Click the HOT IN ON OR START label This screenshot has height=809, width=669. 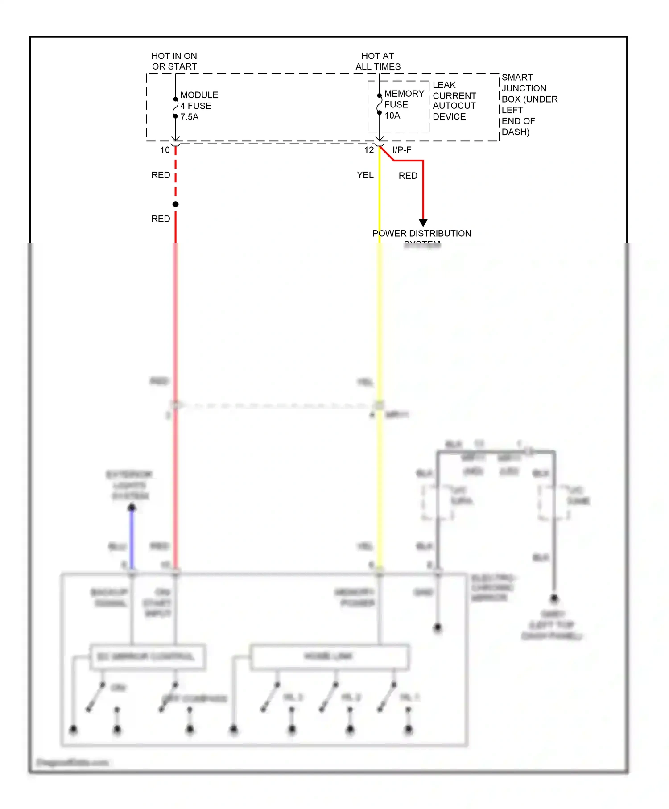point(174,61)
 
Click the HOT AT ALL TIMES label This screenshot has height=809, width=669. point(378,61)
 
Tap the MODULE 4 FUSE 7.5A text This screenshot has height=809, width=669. point(199,106)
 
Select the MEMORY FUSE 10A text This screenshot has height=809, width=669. point(404,105)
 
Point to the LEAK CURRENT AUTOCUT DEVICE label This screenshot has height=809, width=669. point(454,101)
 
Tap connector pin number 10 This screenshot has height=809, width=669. point(165,150)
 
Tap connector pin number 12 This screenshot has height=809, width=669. point(369,150)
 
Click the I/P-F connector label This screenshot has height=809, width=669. point(402,150)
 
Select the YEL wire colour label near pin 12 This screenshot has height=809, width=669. point(365,175)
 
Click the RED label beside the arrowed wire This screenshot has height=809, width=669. point(408,176)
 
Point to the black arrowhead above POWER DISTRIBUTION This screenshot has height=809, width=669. point(423,222)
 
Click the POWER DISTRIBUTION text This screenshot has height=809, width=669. point(421,234)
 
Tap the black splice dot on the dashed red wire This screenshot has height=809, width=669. point(176,204)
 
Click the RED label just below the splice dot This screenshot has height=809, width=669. point(161,219)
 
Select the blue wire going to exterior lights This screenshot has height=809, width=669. point(132,540)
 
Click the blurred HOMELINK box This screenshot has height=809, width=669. point(329,656)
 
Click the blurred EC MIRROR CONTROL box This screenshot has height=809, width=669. point(147,657)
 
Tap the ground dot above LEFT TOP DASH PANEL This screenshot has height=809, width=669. point(554,598)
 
